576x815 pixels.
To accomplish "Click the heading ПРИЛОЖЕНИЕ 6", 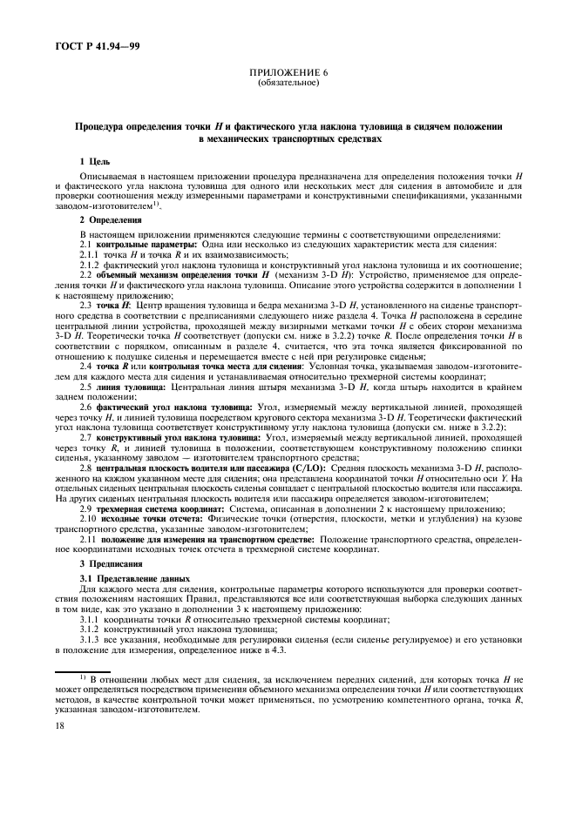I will [x=288, y=75].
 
